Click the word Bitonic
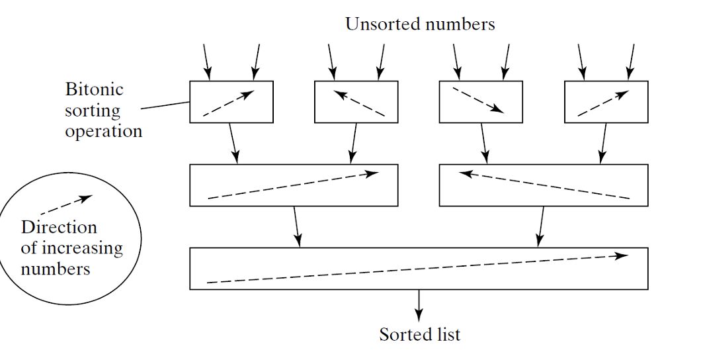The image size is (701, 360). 94,89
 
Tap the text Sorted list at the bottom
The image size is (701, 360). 420,334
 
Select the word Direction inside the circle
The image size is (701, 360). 59,227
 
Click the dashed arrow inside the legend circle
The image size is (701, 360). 66,204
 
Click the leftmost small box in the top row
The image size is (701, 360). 231,102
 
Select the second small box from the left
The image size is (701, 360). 356,102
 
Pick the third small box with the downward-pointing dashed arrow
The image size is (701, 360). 481,102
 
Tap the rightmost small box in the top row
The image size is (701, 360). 606,102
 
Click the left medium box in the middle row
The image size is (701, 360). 294,185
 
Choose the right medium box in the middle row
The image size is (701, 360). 544,185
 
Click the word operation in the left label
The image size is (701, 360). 103,130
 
